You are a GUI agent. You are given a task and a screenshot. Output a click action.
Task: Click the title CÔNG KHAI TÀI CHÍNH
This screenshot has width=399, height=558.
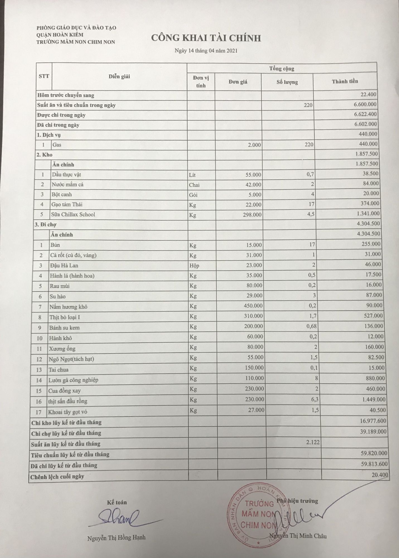click(x=206, y=38)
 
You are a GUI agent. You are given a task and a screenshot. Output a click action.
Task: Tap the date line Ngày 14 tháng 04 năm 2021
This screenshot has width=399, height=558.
click(x=206, y=51)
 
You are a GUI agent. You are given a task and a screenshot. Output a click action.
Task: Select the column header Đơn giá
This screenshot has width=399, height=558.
click(x=238, y=82)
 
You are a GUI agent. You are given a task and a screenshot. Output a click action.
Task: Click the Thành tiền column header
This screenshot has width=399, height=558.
click(x=345, y=81)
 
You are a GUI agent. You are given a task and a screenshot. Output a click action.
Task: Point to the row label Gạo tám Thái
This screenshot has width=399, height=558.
click(x=67, y=204)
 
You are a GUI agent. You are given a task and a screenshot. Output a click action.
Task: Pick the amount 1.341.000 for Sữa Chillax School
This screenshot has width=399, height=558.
click(x=367, y=213)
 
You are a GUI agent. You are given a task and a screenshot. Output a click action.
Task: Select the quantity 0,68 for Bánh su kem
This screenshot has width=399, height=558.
click(x=311, y=326)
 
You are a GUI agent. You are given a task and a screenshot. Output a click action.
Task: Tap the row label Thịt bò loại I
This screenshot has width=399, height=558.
click(x=65, y=317)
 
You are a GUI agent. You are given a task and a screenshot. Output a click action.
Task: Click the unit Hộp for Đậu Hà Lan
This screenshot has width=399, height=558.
click(x=194, y=265)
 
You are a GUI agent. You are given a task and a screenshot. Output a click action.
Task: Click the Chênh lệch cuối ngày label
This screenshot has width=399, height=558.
click(x=57, y=477)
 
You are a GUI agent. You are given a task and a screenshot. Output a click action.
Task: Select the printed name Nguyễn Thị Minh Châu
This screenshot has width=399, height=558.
click(x=298, y=536)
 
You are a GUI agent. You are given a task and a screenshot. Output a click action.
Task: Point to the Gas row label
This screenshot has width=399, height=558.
click(x=57, y=145)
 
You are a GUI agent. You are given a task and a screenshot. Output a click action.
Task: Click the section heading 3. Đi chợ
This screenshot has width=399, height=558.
click(x=45, y=225)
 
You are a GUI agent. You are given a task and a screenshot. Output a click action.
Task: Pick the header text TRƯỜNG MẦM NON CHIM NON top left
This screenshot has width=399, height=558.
click(x=76, y=42)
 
